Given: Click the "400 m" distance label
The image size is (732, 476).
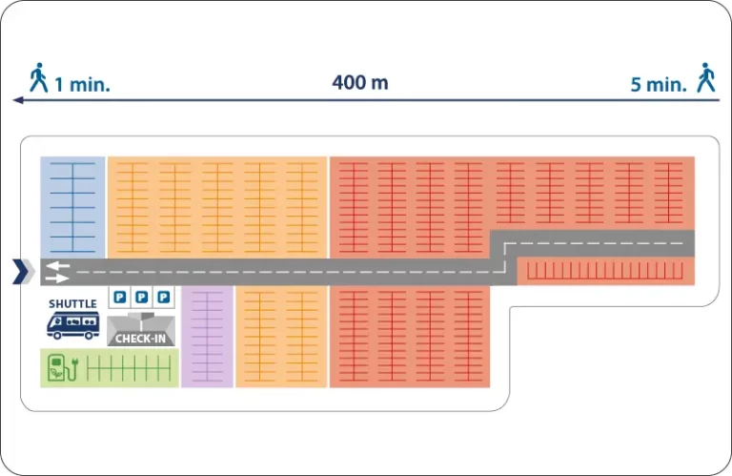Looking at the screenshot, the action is click(x=360, y=83).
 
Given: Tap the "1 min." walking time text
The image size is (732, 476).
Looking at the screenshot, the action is click(x=82, y=85).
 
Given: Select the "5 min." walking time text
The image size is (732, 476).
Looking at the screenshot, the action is click(x=659, y=85).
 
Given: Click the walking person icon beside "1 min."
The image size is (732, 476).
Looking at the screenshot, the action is click(x=39, y=77).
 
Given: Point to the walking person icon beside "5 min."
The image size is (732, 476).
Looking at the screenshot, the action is click(x=706, y=77).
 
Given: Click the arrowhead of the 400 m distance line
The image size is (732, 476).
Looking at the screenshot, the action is click(x=18, y=100).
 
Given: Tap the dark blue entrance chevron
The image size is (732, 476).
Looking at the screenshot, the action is click(x=21, y=272).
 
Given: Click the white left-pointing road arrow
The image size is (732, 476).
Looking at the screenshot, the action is click(x=58, y=265).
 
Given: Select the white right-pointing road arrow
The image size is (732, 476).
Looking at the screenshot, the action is click(x=58, y=279).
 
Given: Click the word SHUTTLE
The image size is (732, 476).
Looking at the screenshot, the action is click(x=72, y=304).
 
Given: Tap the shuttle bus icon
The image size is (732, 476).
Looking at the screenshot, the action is click(x=73, y=325).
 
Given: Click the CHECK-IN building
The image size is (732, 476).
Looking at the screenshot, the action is click(x=141, y=330).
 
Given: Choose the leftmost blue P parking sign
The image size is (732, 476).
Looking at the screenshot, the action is click(x=120, y=297).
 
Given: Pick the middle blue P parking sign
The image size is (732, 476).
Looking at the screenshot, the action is click(x=141, y=297).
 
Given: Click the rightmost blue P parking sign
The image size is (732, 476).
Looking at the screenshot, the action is click(x=163, y=297).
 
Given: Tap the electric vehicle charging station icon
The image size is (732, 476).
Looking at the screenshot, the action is click(x=63, y=368).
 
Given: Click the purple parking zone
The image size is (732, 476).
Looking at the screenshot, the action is click(x=207, y=337).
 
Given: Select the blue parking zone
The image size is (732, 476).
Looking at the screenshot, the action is click(x=72, y=207).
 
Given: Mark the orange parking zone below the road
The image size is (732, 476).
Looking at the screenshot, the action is click(x=281, y=337).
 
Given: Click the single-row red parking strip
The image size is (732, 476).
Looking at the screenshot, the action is click(x=605, y=271).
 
